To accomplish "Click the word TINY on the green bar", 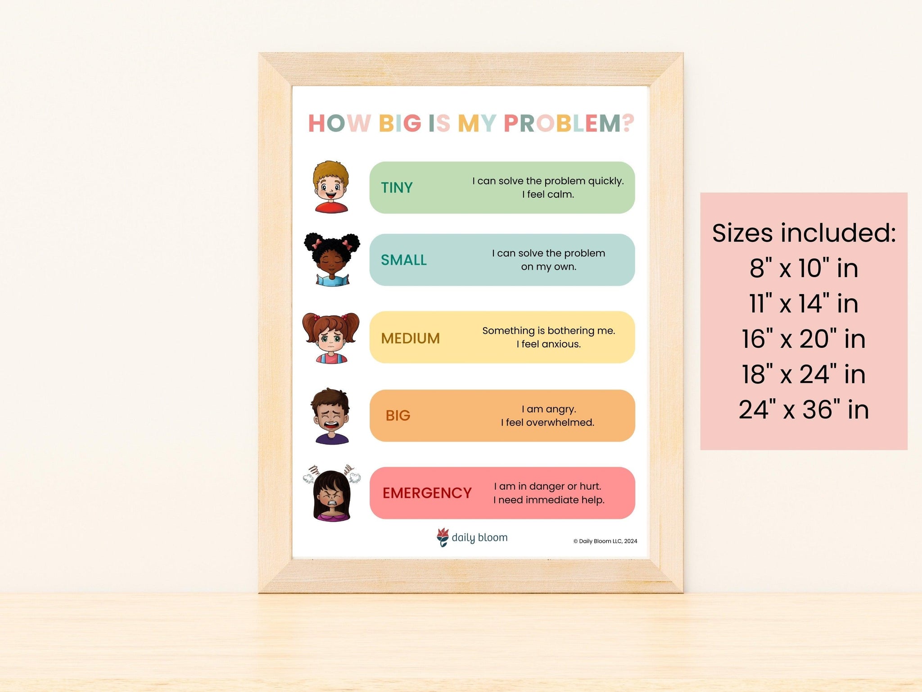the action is coord(397,187).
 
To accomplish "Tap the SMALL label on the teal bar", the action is coord(404,260).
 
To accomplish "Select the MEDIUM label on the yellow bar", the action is coord(410,338).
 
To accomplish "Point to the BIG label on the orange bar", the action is coord(398,415).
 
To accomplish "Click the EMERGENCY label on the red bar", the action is coord(427,493).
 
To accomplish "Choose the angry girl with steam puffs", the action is coord(332,494).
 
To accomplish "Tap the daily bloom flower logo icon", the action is coord(443,537).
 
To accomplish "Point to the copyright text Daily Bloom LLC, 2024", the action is coord(605,541).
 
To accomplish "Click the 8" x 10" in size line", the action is coord(804,268).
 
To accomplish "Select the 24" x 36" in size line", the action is coord(804,410).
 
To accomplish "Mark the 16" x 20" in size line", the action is coord(804,339).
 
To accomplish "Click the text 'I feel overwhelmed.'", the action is coord(547,423).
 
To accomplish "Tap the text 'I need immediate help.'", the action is coord(549,500).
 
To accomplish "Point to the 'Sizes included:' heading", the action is coord(804,233).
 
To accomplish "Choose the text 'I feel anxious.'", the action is coord(548,344).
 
